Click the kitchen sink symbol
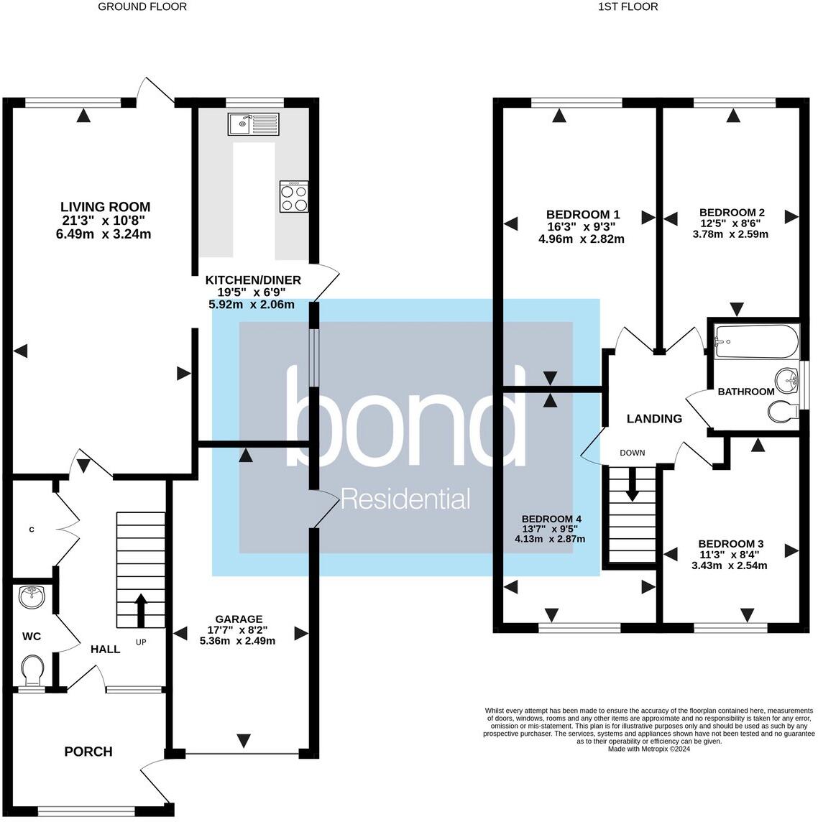click(253, 124)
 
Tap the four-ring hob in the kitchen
click(294, 197)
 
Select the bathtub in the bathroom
click(755, 342)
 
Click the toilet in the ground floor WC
click(33, 670)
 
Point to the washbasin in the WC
click(32, 596)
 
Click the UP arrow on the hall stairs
click(140, 611)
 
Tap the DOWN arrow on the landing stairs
click(633, 484)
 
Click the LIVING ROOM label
click(105, 207)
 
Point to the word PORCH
click(88, 752)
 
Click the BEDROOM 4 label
click(551, 519)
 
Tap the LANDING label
click(654, 418)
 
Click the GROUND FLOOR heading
click(142, 6)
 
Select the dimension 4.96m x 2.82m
click(581, 239)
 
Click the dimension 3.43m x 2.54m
click(729, 565)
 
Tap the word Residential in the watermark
click(405, 498)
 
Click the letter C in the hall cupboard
click(31, 530)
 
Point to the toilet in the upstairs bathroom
click(782, 412)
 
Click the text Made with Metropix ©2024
click(649, 748)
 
